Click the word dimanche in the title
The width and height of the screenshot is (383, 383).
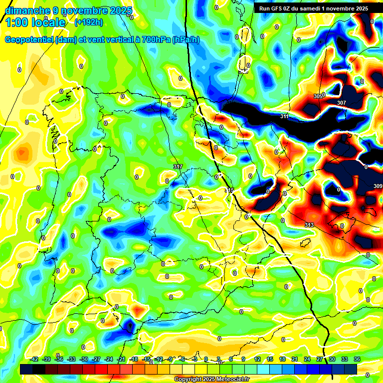(x=27, y=11)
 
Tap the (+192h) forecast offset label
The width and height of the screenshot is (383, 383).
(x=89, y=22)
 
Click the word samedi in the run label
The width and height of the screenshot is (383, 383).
(x=324, y=8)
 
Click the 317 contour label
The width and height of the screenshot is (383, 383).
(x=178, y=167)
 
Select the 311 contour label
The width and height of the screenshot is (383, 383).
(x=284, y=116)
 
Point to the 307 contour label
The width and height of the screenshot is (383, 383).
(x=342, y=103)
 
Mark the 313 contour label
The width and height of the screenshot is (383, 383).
(x=309, y=225)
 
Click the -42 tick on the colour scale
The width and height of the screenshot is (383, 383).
(x=34, y=359)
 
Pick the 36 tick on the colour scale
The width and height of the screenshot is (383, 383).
(x=357, y=359)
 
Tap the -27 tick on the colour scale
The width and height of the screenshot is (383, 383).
(x=96, y=359)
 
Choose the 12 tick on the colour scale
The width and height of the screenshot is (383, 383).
(x=257, y=359)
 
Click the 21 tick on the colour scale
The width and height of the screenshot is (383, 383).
(x=295, y=359)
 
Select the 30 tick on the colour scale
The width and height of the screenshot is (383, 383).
(x=332, y=359)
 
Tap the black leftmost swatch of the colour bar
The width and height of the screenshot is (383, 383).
(x=26, y=369)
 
